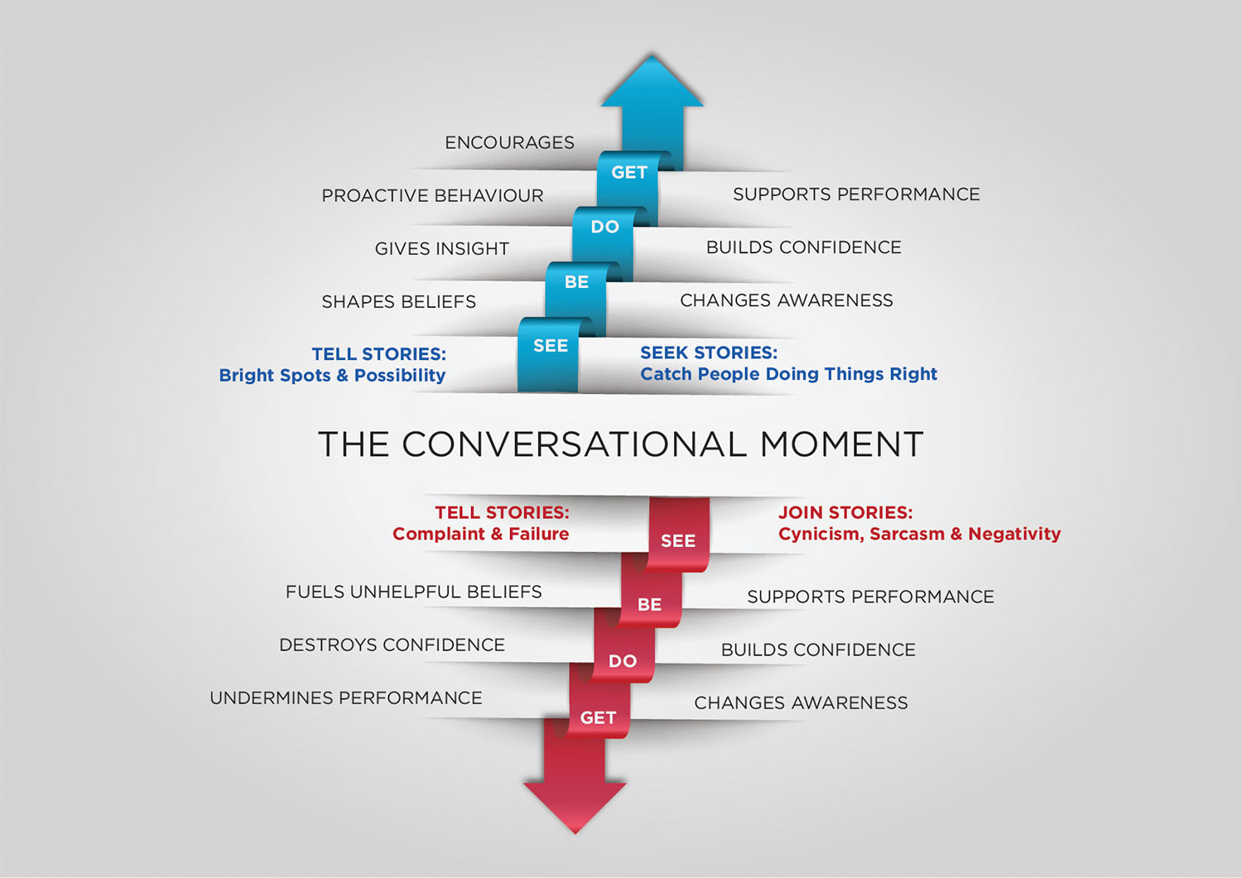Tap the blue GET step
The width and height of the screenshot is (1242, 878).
coord(628,173)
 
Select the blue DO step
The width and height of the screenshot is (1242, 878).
coord(604,227)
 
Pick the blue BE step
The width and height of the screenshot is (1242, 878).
coord(576,282)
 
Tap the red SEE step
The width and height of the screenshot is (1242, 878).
coord(678,540)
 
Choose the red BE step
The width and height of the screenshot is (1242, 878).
coord(650,604)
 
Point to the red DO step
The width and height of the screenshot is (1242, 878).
coord(623,660)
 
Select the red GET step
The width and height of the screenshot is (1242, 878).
coord(598,717)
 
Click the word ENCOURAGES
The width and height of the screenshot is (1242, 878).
coord(509,142)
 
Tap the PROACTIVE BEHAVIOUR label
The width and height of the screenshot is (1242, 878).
coord(432,195)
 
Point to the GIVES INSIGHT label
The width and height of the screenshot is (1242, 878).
coord(441,248)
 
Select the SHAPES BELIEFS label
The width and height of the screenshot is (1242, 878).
coord(398,301)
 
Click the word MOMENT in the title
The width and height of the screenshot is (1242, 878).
coord(840,444)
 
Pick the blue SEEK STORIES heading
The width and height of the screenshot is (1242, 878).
coord(709,353)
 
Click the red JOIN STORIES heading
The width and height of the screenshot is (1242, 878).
coord(845,512)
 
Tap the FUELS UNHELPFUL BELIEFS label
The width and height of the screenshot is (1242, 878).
coord(413,592)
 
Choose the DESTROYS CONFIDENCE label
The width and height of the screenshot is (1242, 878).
coord(392,645)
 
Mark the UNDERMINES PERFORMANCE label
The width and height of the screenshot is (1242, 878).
coord(345,698)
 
